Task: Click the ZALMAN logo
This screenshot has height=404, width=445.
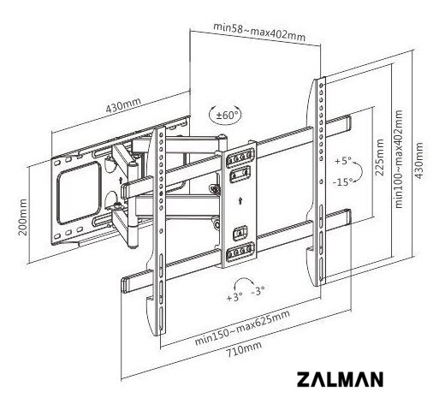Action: click(x=340, y=379)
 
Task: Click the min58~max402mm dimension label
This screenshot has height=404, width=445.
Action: click(x=259, y=32)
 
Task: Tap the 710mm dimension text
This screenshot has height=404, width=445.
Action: click(x=244, y=349)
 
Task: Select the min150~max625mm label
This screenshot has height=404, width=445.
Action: click(x=242, y=328)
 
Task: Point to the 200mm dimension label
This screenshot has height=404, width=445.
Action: click(x=23, y=217)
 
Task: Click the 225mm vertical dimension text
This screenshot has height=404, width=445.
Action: click(x=379, y=157)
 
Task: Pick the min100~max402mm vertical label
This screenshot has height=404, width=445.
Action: click(x=399, y=159)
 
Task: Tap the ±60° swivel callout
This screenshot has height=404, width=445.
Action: click(x=225, y=116)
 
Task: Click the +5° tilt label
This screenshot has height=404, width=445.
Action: click(x=343, y=161)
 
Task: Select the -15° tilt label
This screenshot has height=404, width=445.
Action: click(x=343, y=181)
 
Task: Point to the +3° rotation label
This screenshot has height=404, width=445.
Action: click(x=234, y=297)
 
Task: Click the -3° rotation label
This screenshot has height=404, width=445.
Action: click(x=258, y=291)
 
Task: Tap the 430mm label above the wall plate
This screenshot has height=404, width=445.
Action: click(x=123, y=105)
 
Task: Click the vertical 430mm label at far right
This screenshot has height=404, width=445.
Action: click(x=418, y=160)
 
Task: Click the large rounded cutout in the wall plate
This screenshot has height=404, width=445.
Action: click(x=79, y=193)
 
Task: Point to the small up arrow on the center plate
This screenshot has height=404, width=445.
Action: click(x=240, y=201)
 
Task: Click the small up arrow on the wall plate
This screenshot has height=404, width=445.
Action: click(x=121, y=181)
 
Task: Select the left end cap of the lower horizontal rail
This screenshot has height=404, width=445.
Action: click(x=125, y=285)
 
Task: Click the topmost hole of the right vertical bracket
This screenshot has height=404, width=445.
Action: click(x=322, y=86)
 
